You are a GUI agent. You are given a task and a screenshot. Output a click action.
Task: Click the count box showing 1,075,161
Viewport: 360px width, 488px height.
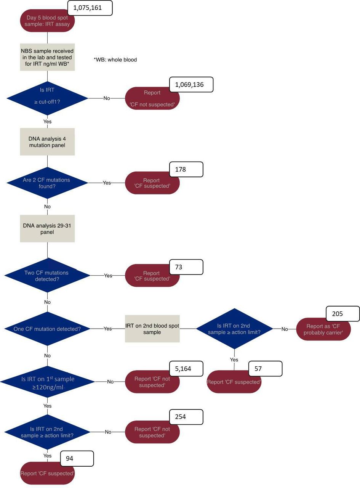pos(90,8)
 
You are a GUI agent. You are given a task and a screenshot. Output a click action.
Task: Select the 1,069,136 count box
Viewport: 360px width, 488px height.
pos(191,85)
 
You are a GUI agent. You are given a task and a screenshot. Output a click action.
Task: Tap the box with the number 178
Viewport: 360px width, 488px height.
pos(186,169)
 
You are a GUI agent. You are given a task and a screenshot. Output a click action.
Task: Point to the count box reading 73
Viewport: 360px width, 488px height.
pos(186,267)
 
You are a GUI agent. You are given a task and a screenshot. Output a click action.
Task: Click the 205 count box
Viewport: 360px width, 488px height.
pos(342,314)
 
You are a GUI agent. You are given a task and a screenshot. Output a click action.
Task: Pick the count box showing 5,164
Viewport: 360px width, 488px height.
pos(186,369)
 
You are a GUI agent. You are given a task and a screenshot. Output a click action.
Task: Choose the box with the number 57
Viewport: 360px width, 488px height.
pos(265,369)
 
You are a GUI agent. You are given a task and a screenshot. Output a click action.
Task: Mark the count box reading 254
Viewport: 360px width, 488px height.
pos(186,417)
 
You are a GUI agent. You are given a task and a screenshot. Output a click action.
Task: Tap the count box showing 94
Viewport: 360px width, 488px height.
pos(77,459)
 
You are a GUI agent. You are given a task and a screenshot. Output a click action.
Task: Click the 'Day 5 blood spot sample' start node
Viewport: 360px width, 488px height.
pos(47,21)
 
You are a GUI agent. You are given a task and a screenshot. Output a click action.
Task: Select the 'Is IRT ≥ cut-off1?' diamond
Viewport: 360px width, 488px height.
pos(47,98)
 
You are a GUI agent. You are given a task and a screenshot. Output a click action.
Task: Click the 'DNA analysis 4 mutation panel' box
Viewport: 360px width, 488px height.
pos(47,142)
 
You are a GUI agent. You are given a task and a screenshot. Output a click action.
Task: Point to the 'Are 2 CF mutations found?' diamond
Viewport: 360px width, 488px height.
pos(47,183)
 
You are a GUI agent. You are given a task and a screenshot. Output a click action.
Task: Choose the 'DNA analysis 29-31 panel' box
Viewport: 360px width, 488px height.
pos(47,229)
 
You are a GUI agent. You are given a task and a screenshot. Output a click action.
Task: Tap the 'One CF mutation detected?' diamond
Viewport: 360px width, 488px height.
pos(47,329)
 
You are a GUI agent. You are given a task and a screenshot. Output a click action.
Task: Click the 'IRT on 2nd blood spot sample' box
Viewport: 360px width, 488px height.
pos(152,329)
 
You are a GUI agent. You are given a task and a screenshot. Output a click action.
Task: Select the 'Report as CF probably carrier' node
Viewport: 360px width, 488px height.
pos(323,329)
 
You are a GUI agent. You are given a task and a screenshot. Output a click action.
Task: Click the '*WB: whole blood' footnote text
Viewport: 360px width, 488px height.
pos(115,59)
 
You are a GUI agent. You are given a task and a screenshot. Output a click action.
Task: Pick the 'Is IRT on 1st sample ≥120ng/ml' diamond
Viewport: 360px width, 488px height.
pos(47,382)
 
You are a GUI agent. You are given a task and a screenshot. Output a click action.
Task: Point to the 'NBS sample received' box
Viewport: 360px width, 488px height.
pos(47,57)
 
